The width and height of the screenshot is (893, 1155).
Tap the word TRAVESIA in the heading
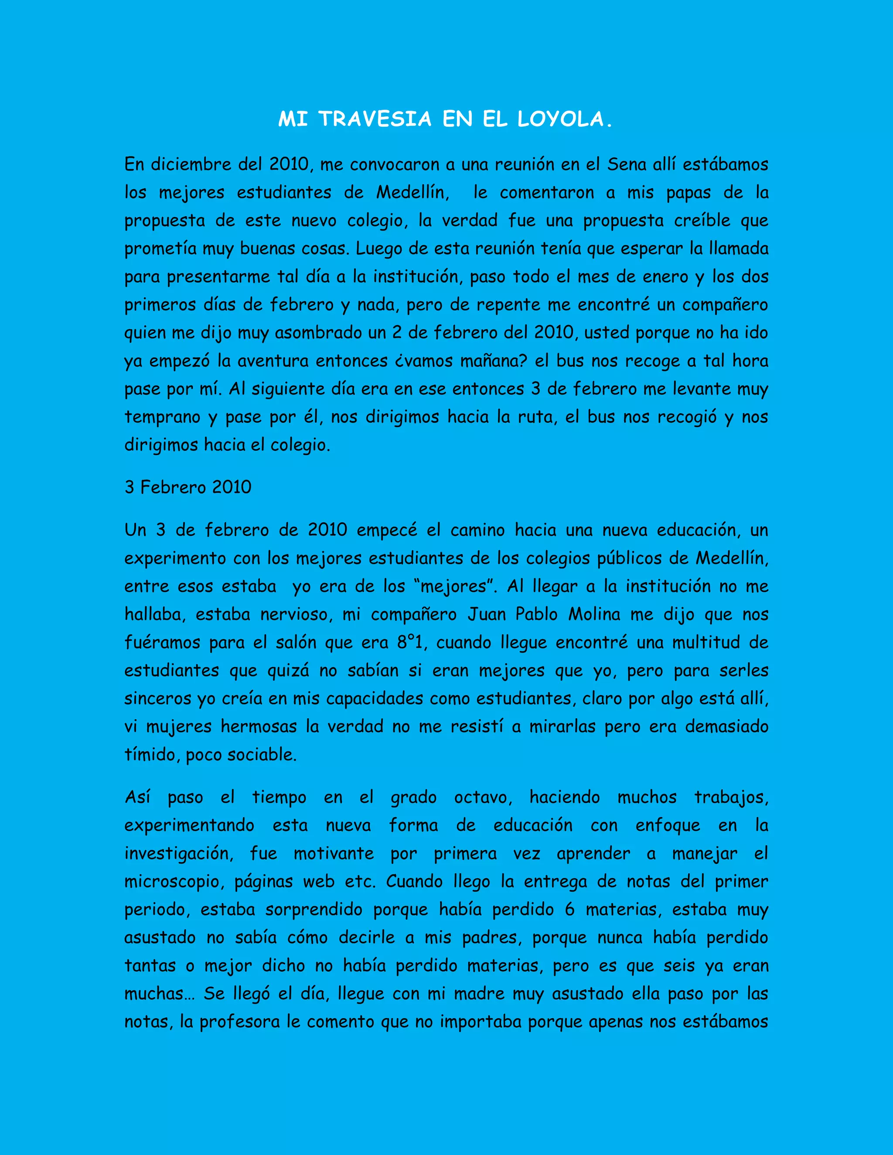point(375,119)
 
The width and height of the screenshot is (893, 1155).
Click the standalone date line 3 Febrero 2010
point(188,487)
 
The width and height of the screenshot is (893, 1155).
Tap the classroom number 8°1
point(410,642)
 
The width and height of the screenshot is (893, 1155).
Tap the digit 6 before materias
point(569,910)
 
